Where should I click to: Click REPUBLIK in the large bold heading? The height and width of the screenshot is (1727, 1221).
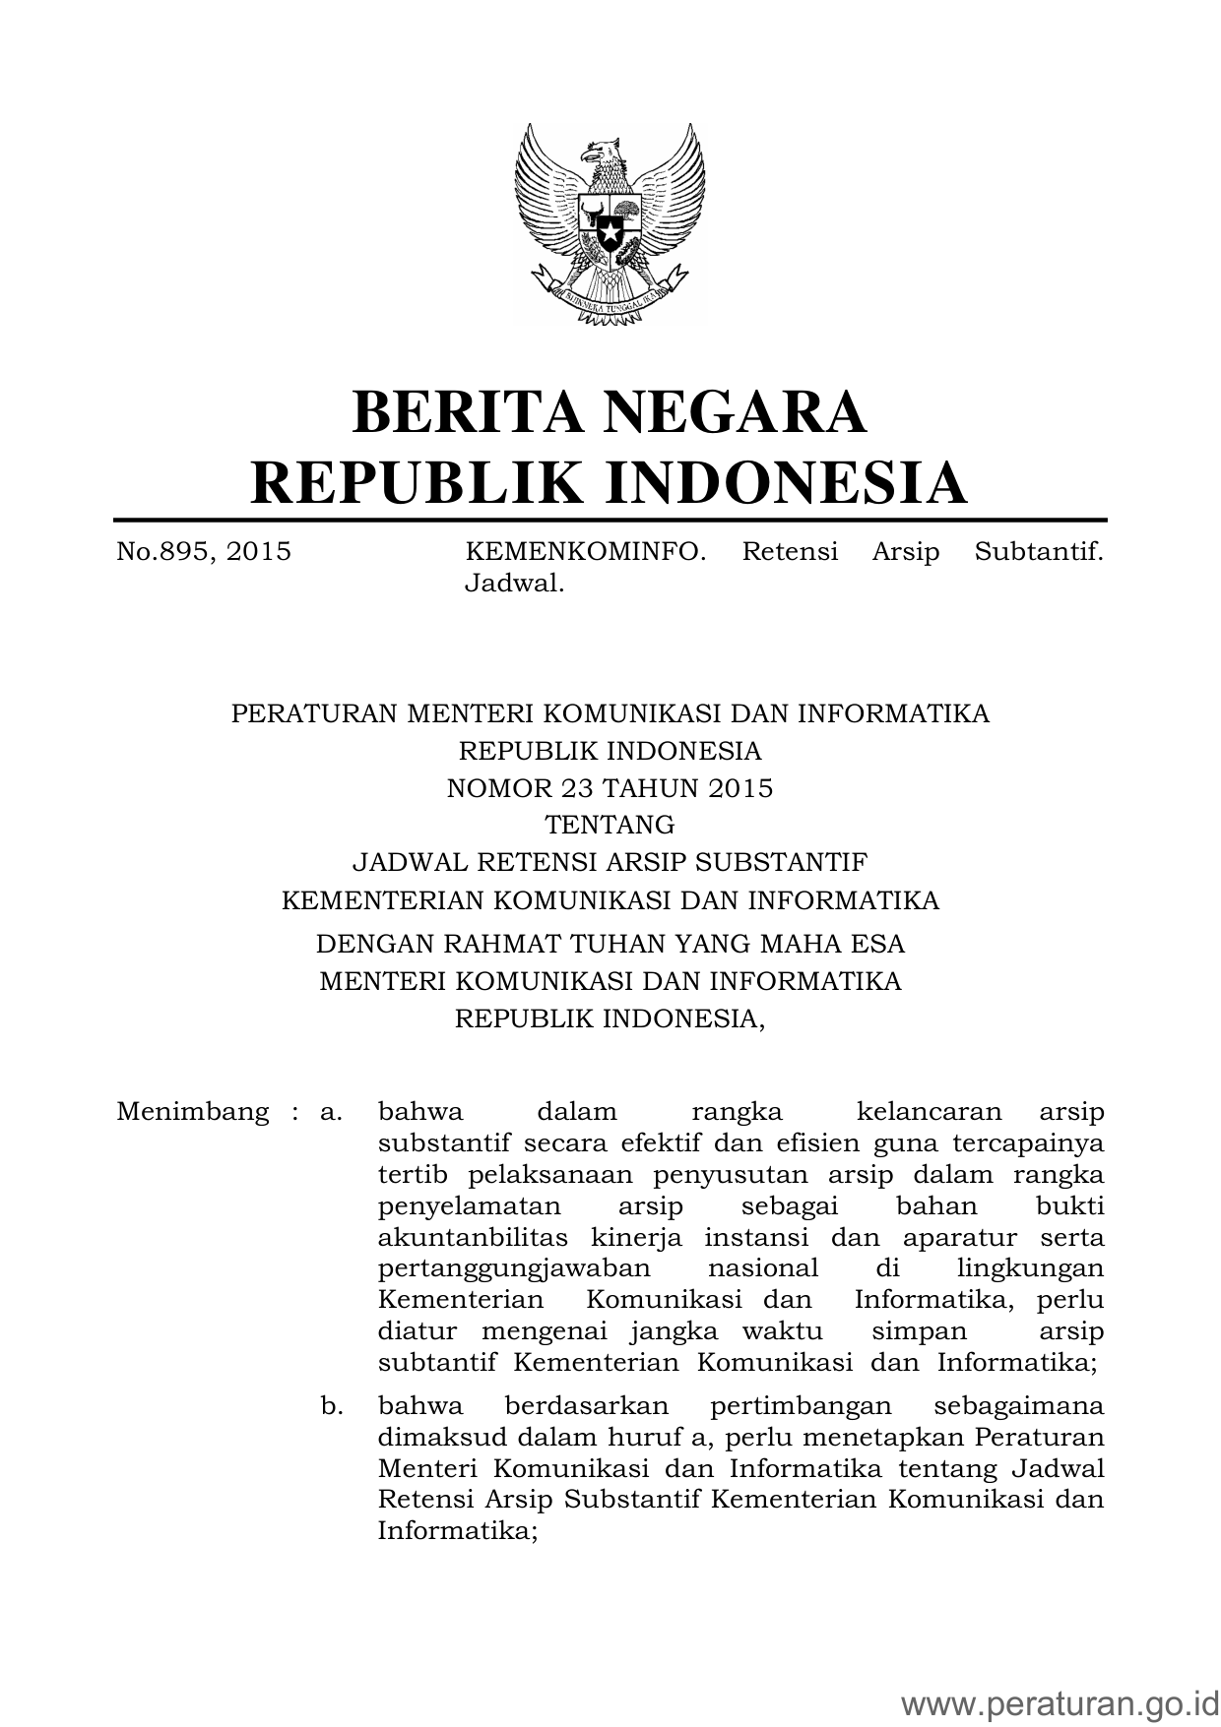pos(414,482)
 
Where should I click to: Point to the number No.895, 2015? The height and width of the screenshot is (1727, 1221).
pos(204,551)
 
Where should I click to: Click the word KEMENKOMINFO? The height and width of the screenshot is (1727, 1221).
pos(585,551)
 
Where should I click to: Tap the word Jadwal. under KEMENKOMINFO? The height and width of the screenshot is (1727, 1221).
pos(514,584)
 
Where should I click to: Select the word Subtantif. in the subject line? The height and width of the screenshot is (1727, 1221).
pos(1039,551)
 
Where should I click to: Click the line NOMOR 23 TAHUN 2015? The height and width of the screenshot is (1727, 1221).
pos(610,788)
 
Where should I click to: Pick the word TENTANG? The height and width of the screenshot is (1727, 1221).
pos(610,825)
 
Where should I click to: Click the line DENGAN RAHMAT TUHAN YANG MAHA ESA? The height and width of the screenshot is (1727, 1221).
pos(610,944)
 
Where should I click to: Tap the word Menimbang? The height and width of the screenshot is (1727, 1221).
pos(192,1112)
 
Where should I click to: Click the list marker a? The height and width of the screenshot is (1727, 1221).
pos(331,1112)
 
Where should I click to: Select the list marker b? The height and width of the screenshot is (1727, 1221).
pos(332,1405)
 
